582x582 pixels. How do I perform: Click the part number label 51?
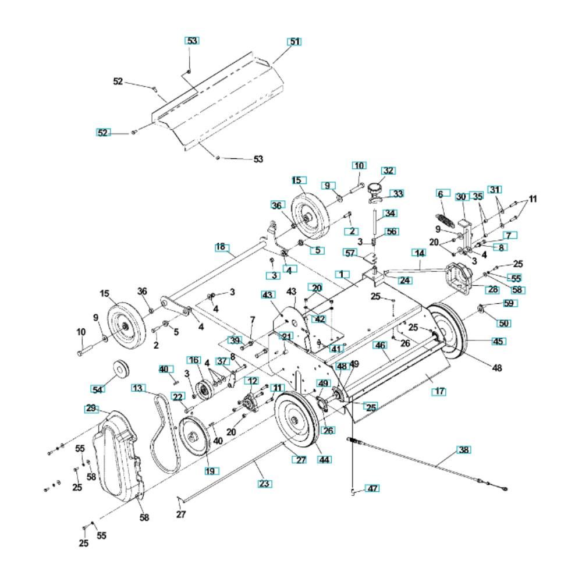[295, 42]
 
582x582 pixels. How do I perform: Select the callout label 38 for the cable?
[464, 450]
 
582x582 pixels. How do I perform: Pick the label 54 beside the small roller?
[99, 388]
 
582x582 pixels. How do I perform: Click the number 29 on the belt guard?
[91, 409]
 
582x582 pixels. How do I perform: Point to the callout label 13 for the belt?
[137, 388]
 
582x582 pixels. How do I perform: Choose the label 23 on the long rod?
[264, 483]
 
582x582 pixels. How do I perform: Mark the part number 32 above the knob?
[388, 171]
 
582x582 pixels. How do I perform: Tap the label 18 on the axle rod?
[221, 247]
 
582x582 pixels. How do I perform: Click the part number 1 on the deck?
[343, 274]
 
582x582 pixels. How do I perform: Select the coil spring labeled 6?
[444, 221]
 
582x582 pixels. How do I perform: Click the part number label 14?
[418, 253]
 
